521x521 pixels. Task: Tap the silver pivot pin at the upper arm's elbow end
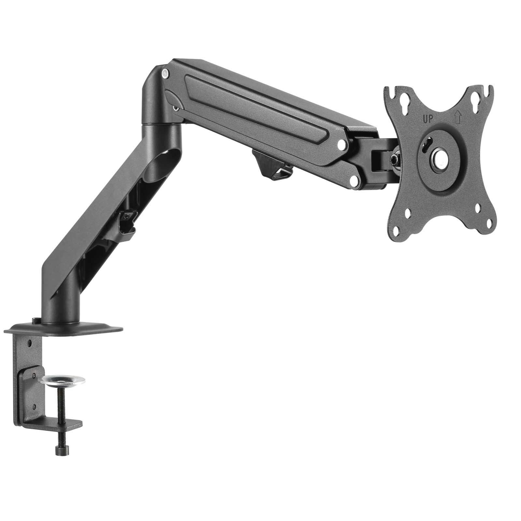tap(165, 74)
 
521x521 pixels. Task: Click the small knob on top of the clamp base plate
tap(35, 321)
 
